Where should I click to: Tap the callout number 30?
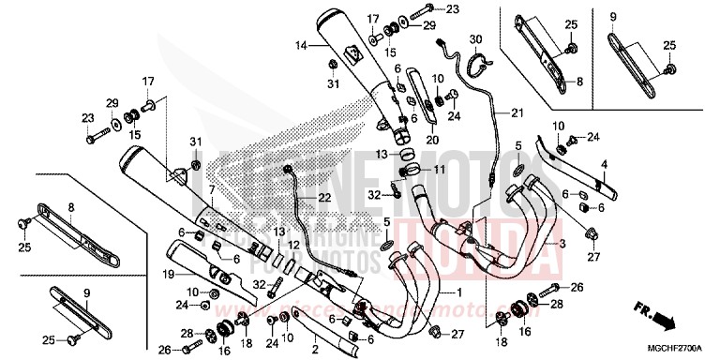pyautogui.click(x=476, y=38)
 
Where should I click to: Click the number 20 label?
pyautogui.click(x=433, y=139)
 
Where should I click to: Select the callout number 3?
pyautogui.click(x=562, y=243)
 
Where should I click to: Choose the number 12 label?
pyautogui.click(x=292, y=246)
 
